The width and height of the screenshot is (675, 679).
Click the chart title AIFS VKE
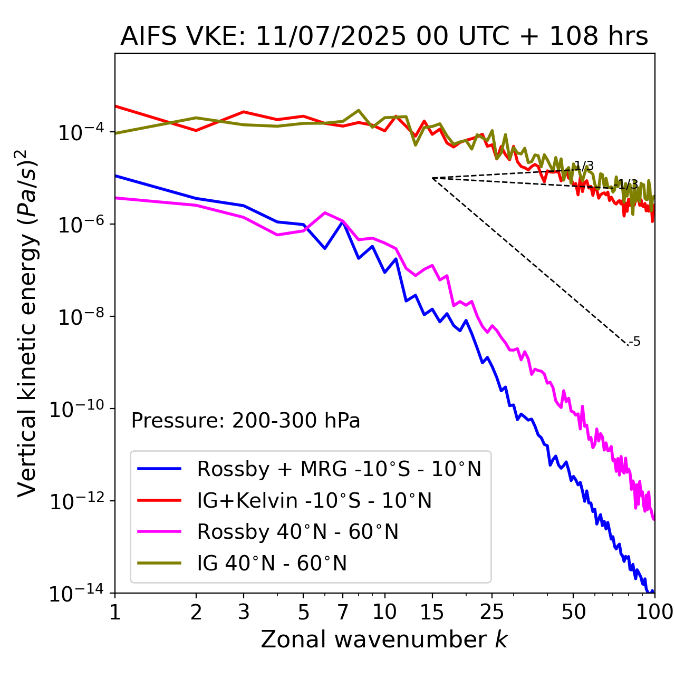(x=384, y=37)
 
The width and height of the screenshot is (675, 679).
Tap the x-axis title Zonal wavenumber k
(x=384, y=639)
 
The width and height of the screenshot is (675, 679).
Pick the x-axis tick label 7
(x=343, y=612)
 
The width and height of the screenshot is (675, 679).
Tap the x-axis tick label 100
(x=654, y=612)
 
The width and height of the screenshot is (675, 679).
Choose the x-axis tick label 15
(x=432, y=612)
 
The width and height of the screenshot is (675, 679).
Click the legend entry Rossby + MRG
(x=339, y=469)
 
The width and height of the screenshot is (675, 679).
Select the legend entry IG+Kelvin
(x=314, y=500)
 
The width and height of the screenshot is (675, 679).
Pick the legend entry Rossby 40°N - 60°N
(x=297, y=532)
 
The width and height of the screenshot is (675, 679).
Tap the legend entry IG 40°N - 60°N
(x=272, y=564)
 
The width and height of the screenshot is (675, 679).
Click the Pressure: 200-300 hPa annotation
(x=245, y=421)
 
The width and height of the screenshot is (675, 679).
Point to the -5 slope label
(x=635, y=342)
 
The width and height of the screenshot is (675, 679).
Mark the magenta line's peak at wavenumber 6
(x=325, y=212)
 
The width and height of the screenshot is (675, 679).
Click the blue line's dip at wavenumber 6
(x=325, y=248)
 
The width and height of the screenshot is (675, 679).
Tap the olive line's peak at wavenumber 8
(x=359, y=110)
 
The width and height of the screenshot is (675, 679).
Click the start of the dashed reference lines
(x=432, y=178)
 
